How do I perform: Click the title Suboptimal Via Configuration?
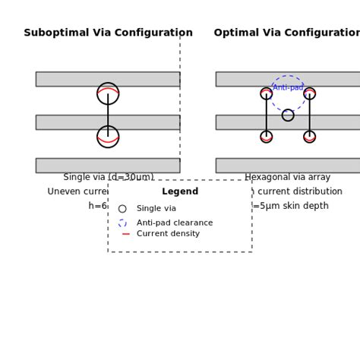[108, 33]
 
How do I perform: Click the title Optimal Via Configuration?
[287, 33]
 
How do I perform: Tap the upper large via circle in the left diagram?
[108, 93]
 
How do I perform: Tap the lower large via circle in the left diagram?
[108, 137]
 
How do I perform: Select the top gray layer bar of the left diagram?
[68, 79]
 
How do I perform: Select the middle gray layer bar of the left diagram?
[68, 122]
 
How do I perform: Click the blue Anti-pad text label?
[289, 87]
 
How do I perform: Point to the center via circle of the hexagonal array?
[288, 115]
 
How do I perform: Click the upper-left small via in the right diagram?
[267, 93]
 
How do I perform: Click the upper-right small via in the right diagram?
[309, 93]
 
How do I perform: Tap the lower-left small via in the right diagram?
[267, 137]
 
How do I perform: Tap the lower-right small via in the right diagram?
[309, 137]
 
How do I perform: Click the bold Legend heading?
[180, 192]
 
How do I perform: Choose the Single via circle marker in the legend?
[122, 209]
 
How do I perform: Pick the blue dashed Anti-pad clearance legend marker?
[122, 223]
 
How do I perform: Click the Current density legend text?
[168, 234]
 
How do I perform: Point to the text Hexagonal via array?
[287, 178]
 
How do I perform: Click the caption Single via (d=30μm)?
[108, 178]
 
